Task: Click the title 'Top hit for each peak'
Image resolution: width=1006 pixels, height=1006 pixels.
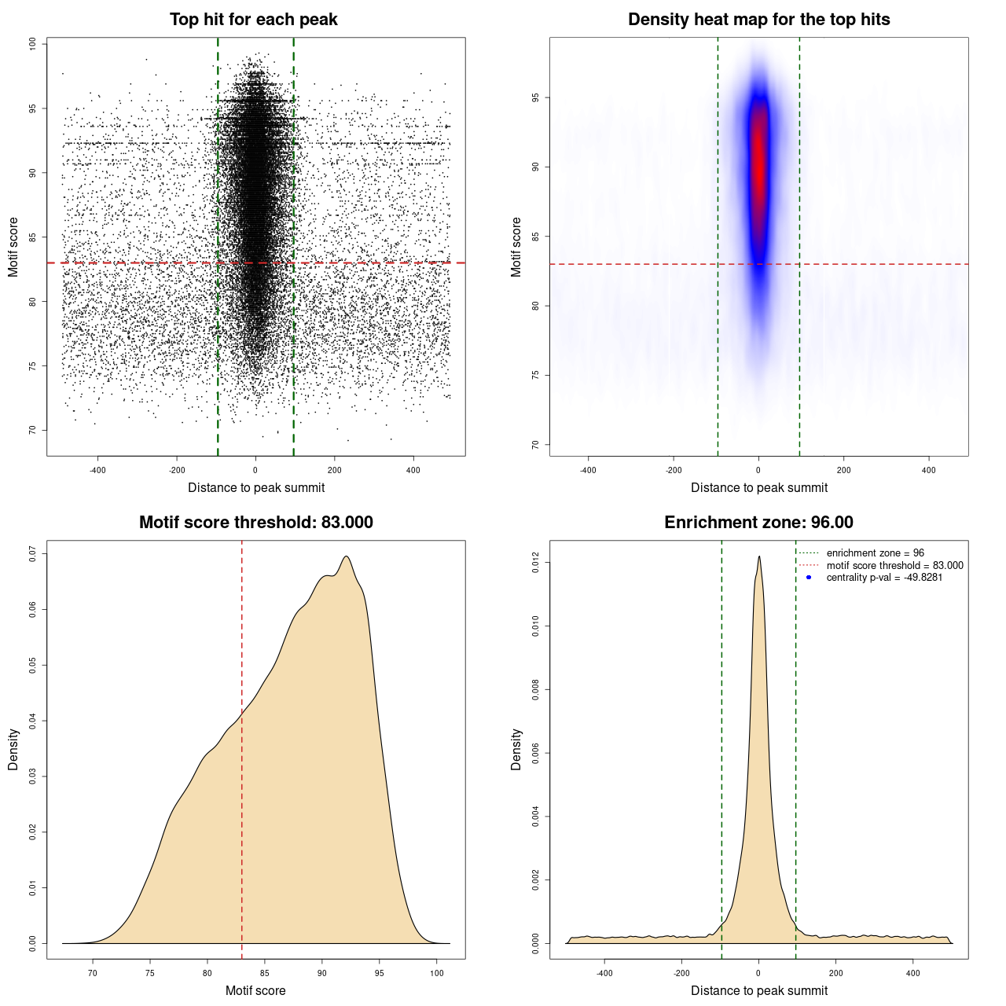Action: coord(253,20)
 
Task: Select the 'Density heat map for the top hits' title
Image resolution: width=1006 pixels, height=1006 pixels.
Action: coord(758,20)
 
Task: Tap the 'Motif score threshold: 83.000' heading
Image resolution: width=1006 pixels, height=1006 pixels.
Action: coord(255,523)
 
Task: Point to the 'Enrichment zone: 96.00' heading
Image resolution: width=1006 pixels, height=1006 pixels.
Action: coord(758,523)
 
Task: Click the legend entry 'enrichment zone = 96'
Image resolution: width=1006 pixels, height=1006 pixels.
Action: coord(875,553)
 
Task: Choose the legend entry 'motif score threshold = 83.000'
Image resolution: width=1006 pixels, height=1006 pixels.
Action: coord(894,566)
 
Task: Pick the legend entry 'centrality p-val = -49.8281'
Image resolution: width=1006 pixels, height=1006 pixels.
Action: coord(884,578)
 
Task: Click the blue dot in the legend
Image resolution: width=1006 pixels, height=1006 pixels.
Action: coord(809,578)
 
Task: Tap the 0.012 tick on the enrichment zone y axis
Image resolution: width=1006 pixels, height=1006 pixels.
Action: coord(536,563)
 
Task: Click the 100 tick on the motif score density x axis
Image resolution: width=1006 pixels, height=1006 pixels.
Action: coord(437,973)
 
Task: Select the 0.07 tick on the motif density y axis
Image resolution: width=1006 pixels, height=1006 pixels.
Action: coord(33,554)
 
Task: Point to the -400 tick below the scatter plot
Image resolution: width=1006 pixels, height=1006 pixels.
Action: coord(97,470)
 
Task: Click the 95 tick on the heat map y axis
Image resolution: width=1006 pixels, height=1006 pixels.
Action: coord(536,97)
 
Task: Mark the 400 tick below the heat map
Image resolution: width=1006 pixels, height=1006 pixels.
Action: coord(929,470)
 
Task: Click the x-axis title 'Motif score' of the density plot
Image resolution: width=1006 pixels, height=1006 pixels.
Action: coord(255,991)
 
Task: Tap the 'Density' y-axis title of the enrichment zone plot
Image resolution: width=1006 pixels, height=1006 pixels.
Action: coord(516,749)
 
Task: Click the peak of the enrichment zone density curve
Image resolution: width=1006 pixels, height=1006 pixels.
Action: coord(759,557)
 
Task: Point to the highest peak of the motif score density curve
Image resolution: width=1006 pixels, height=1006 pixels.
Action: coord(346,557)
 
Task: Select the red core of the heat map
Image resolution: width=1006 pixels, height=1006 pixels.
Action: coord(758,165)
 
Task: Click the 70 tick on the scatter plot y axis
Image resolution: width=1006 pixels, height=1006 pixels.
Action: coord(33,430)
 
